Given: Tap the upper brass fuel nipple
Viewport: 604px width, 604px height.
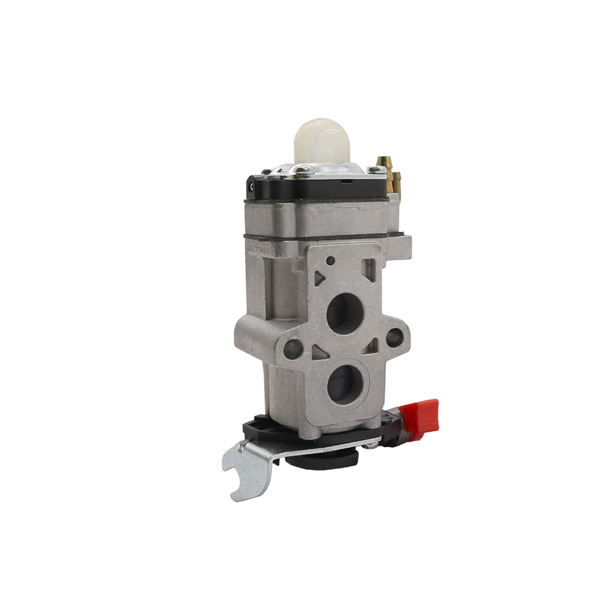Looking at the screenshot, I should [384, 162].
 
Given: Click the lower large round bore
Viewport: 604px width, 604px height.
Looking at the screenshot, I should [345, 382].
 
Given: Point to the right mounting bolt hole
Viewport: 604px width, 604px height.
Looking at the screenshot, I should [395, 336].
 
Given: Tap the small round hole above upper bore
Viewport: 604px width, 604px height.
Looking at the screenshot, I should [330, 260].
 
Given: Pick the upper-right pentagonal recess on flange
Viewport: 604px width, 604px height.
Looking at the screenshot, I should [369, 266].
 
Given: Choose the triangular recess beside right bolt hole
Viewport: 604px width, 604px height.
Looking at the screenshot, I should [374, 344].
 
